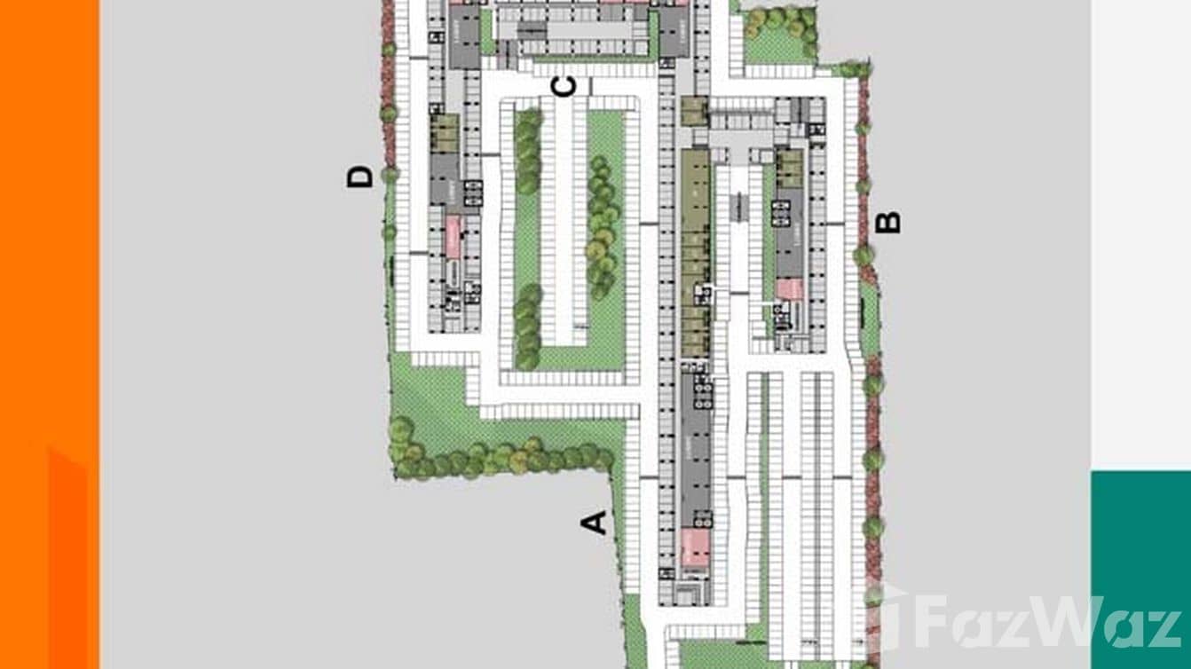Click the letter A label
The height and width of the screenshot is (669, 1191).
(595, 523)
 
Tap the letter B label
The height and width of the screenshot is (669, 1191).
(887, 222)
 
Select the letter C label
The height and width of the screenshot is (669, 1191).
(564, 87)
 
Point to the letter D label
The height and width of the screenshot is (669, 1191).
(359, 177)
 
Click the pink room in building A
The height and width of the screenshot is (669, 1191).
(695, 547)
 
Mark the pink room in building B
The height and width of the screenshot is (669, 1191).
(789, 289)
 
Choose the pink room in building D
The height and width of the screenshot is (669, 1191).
(453, 237)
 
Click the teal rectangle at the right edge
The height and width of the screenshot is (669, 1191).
(1140, 568)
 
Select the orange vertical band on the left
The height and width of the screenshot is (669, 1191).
(49, 334)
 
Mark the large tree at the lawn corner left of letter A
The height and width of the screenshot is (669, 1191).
(401, 430)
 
